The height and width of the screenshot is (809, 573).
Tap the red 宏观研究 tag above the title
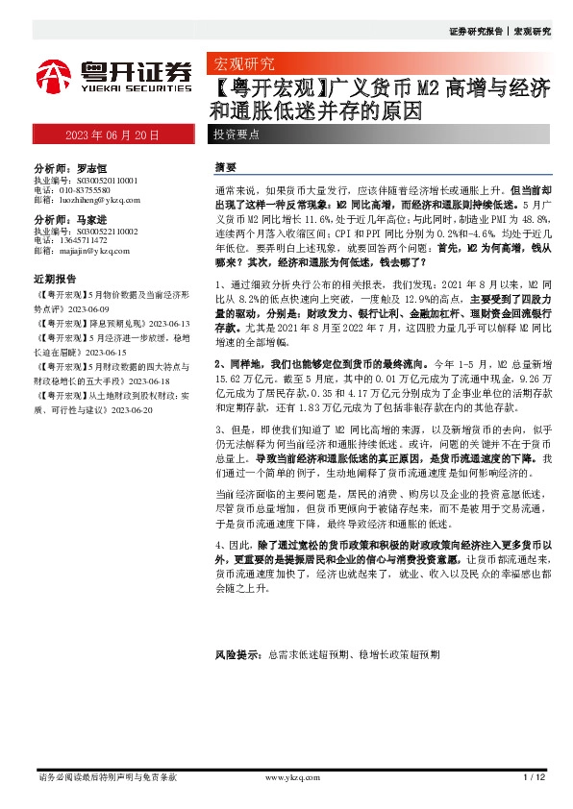[x=242, y=64]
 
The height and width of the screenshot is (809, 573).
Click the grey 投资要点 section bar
[x=236, y=135]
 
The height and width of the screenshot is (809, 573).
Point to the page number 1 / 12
[x=535, y=776]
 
